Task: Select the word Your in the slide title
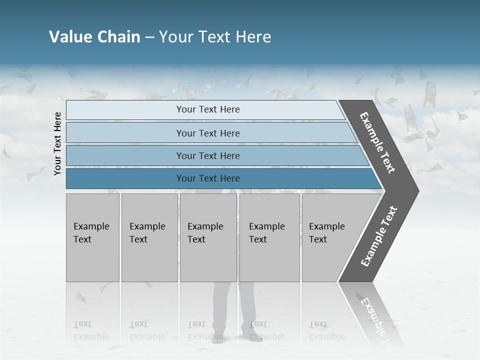(x=175, y=37)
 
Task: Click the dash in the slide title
(x=149, y=37)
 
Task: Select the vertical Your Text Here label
(x=57, y=143)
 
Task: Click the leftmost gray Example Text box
(x=92, y=237)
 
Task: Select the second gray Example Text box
(x=149, y=237)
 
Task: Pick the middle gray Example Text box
(x=208, y=237)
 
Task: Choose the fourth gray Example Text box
(x=269, y=237)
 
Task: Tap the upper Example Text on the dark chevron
(x=377, y=142)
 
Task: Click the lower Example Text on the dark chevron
(x=378, y=236)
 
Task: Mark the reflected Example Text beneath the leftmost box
(x=91, y=331)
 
